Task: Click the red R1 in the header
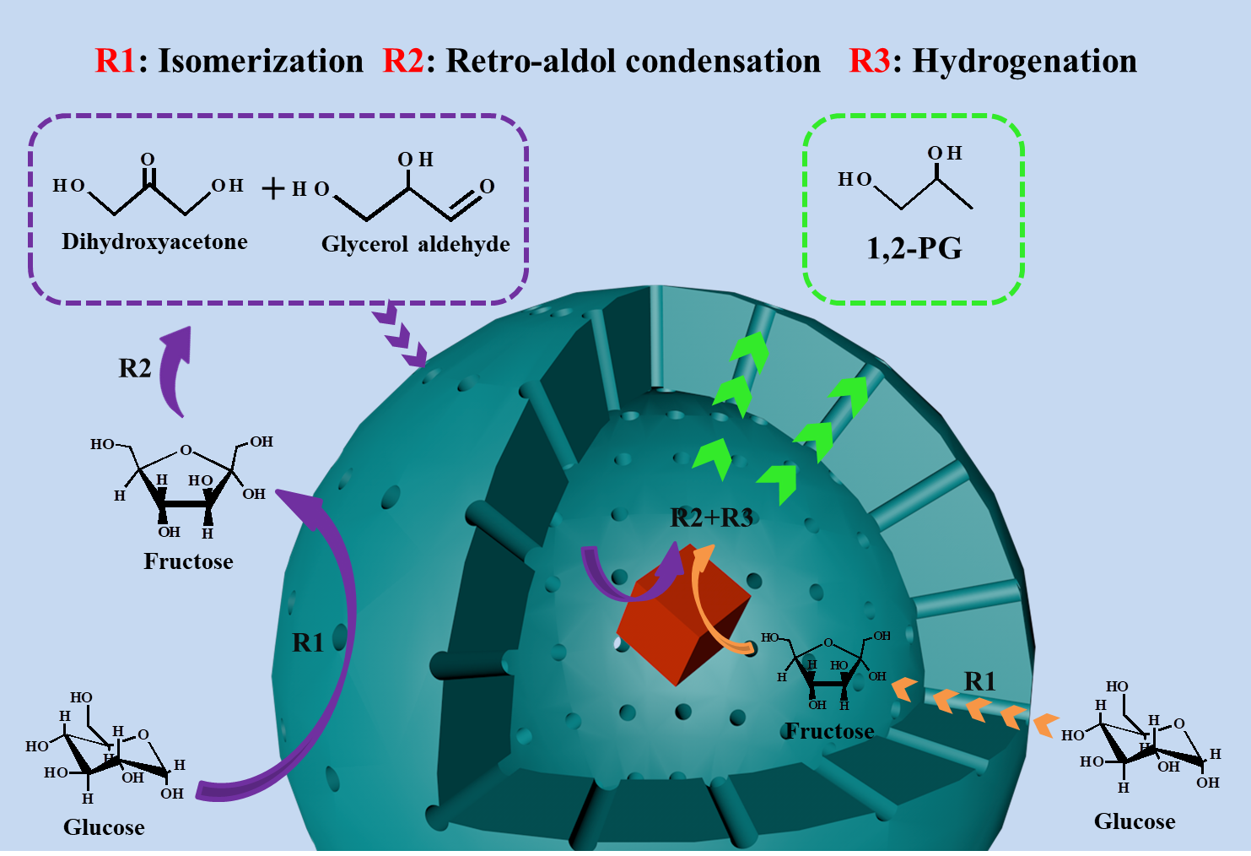115,62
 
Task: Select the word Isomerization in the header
261,62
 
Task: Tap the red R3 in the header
869,62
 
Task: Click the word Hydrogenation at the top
1024,62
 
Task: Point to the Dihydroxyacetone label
154,242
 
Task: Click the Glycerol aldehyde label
415,245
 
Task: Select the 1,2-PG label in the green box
914,249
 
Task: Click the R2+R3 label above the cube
711,517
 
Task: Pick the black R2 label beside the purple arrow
135,369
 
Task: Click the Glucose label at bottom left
104,827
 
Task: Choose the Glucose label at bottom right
1134,821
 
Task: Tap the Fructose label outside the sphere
188,561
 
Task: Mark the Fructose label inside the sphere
829,731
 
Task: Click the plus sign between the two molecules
272,187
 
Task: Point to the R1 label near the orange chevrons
979,681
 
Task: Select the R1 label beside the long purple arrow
308,642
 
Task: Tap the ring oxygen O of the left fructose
186,450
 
